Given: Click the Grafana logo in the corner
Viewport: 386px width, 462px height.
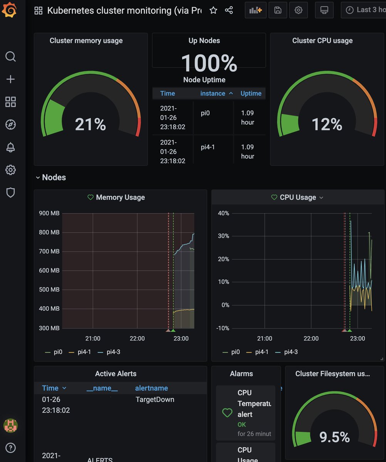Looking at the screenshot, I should coord(9,10).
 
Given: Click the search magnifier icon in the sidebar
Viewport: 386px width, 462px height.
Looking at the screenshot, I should coord(10,57).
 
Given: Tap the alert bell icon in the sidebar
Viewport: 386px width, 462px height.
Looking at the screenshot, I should coord(10,147).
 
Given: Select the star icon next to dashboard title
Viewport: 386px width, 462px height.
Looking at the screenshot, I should coord(213,10).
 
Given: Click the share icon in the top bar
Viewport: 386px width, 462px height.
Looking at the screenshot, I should coord(229,10).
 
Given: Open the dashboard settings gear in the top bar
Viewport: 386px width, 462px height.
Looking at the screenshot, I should coord(299,10).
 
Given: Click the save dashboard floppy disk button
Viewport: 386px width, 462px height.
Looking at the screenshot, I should coord(278,10).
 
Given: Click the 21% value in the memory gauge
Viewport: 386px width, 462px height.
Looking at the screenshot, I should coord(90,124).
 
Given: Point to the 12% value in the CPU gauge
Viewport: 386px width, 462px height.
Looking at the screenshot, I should coord(327,124).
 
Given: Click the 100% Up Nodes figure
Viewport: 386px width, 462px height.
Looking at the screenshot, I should coord(209,63).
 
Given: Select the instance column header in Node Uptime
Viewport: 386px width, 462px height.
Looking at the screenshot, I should coord(213,94).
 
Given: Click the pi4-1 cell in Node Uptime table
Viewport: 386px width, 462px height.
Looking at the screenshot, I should coord(208,147).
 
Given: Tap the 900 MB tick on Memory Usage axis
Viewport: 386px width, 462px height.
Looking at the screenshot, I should coord(49,213).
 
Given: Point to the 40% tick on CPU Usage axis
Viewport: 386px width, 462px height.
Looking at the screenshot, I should coord(223,213).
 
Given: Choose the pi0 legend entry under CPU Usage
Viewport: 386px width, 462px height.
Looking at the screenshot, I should coord(235,352).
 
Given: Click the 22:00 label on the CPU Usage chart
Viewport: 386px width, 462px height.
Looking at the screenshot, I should coord(311,339).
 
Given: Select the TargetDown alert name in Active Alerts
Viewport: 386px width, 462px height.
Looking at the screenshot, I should coord(155,400).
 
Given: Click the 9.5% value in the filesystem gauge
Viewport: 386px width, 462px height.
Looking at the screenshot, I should coord(334,437).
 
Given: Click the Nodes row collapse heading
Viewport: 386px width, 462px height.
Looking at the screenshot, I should coord(53,177).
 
